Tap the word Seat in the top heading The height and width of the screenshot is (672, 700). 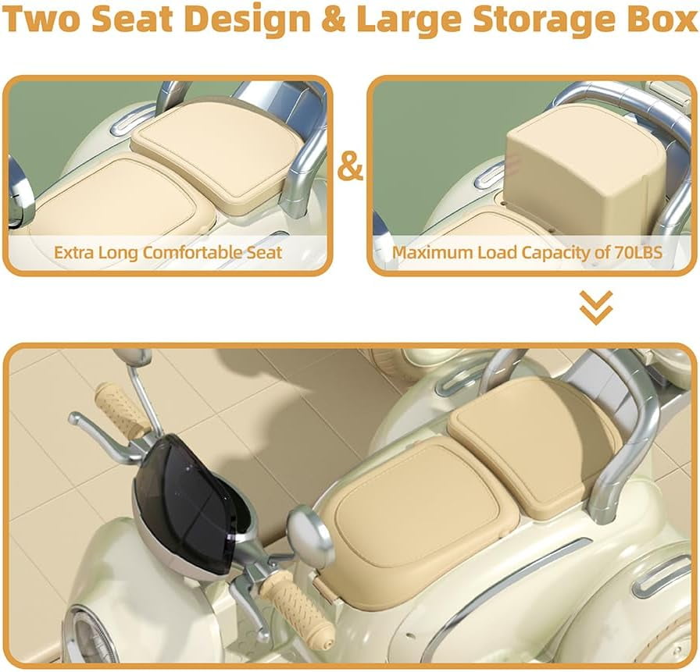132,20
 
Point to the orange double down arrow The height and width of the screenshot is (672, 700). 596,308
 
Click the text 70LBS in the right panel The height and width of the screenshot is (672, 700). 638,252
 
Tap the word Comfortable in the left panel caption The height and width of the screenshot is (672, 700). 194,252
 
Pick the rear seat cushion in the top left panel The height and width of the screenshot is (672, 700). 219,151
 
